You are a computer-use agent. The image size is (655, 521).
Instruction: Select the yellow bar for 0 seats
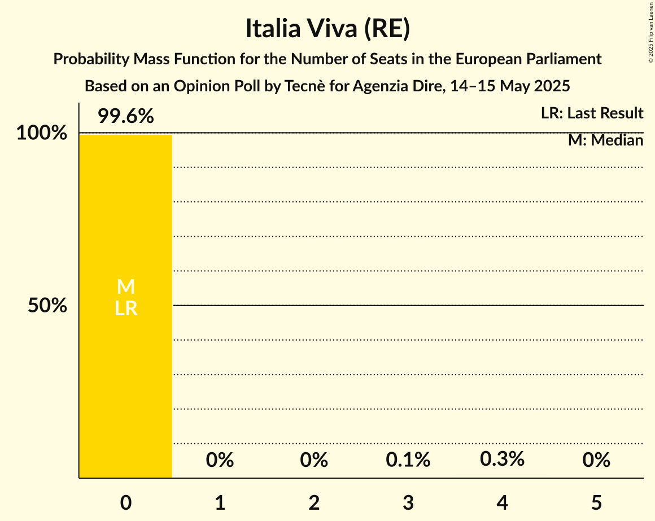tap(125, 367)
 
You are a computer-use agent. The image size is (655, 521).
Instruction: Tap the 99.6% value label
tap(125, 116)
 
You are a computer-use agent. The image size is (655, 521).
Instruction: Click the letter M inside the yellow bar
tap(125, 287)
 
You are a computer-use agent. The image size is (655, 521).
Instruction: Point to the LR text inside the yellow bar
tap(125, 308)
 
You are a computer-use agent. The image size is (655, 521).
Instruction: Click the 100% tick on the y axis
tap(42, 134)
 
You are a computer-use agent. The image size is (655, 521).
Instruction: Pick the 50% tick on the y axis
tap(47, 306)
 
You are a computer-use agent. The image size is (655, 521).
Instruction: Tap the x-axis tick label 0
tap(125, 502)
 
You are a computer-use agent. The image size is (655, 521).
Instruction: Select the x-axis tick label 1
tap(220, 502)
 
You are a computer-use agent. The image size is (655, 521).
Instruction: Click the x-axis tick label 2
tap(314, 502)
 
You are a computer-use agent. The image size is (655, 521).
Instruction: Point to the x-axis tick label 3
tap(408, 502)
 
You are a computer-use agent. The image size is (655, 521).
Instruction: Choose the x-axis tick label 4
tap(502, 502)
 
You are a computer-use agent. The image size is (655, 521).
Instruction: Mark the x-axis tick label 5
tap(596, 502)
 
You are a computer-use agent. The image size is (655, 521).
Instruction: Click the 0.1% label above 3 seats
tap(408, 460)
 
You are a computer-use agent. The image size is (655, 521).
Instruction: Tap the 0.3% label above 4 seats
tap(502, 459)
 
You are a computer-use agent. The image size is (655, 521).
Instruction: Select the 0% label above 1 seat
tap(220, 460)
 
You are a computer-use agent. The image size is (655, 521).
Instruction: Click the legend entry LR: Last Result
tap(592, 113)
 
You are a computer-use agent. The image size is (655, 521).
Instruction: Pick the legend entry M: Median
tap(605, 140)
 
